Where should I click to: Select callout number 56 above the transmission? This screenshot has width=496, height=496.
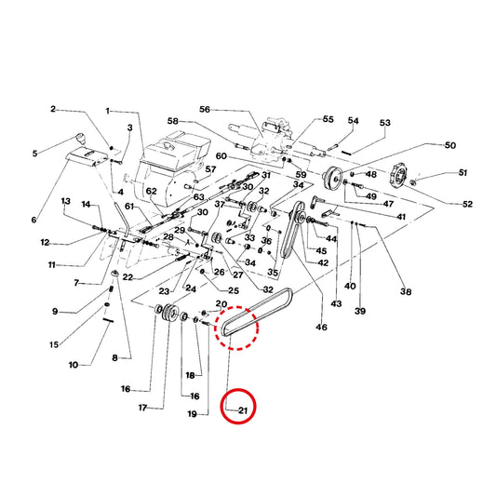point(205,110)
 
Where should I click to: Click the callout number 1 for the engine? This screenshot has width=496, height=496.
point(108,112)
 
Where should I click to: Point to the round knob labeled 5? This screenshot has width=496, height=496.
point(80,139)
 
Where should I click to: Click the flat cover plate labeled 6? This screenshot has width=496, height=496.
point(86,157)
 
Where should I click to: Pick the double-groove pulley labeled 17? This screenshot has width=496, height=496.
point(169,314)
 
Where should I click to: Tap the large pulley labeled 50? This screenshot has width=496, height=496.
point(332,178)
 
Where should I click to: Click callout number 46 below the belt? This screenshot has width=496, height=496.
point(321,327)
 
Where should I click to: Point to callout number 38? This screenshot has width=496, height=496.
point(406,291)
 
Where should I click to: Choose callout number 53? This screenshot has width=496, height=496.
point(385,123)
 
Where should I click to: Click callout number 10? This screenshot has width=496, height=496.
point(74,365)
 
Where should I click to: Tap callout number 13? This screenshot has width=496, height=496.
point(65,201)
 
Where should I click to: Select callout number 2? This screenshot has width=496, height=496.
point(53,109)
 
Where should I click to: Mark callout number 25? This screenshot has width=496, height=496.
point(234,290)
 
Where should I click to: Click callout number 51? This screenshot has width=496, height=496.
point(462,172)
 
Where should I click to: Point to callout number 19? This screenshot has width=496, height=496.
point(193,414)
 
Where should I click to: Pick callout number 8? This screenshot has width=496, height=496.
point(114,358)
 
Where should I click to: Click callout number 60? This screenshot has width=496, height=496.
point(221,156)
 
